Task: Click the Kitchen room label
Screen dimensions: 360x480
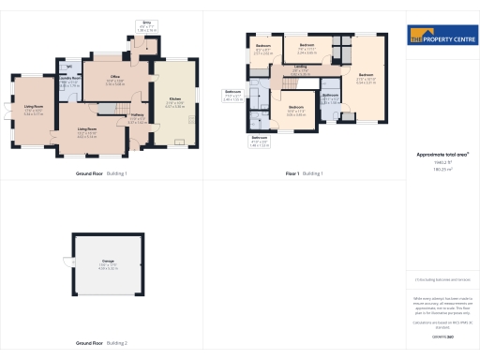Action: pyautogui.click(x=175, y=99)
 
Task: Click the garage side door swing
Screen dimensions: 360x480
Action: pyautogui.click(x=66, y=261)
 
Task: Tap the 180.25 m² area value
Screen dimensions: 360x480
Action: pyautogui.click(x=442, y=170)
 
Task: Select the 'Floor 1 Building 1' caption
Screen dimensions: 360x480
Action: pyautogui.click(x=305, y=173)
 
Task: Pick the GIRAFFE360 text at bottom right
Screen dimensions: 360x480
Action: pyautogui.click(x=442, y=336)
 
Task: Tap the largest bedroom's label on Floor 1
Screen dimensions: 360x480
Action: pyautogui.click(x=366, y=76)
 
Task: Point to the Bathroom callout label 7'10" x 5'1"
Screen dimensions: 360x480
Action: pyautogui.click(x=233, y=95)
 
